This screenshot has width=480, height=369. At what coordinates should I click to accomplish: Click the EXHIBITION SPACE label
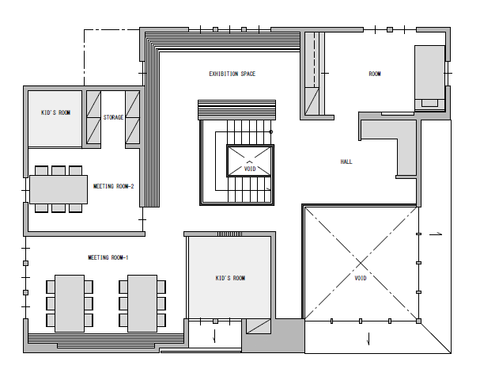coord(232,74)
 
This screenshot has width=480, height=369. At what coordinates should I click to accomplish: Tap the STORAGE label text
coord(113,117)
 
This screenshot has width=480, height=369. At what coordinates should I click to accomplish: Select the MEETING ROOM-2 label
coord(113,186)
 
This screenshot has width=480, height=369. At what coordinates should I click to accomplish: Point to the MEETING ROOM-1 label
coord(108,257)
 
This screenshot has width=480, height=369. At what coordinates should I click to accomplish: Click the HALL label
coord(346,162)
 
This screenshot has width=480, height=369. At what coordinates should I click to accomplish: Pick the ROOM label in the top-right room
coord(375,74)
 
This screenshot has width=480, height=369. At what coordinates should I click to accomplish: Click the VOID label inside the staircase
coord(250,169)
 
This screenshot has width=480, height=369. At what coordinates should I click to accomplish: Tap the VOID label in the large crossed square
coord(361,278)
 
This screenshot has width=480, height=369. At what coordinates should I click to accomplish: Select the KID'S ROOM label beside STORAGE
coord(55,112)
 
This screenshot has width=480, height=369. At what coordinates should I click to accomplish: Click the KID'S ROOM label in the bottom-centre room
coord(230,278)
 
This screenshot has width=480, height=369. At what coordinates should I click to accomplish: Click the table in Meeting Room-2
coord(59,189)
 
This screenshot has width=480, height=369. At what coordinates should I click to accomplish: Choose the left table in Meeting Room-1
coord(70,303)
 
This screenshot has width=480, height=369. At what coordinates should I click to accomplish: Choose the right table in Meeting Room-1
coord(142,303)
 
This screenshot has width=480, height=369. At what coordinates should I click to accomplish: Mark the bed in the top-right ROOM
coord(430,78)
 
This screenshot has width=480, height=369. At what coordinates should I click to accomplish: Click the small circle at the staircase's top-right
coord(271,132)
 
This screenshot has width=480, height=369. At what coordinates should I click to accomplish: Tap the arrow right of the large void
coord(436,234)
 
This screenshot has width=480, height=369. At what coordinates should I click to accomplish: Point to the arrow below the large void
coord(369,339)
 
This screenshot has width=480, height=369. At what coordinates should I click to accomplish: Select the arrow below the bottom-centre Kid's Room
coord(214,336)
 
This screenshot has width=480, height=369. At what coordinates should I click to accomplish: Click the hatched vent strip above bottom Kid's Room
coord(229,234)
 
